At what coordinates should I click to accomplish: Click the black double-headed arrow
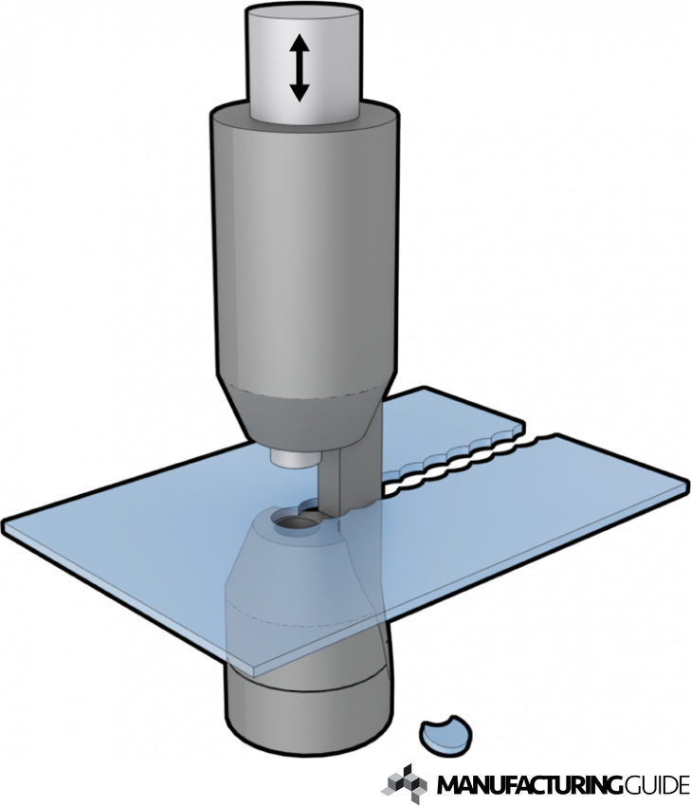tap(299, 67)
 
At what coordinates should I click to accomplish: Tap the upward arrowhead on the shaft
tap(299, 43)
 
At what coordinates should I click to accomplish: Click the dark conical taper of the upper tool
tap(304, 416)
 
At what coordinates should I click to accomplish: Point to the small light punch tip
tap(295, 458)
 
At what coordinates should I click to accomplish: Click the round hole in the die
tap(295, 523)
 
